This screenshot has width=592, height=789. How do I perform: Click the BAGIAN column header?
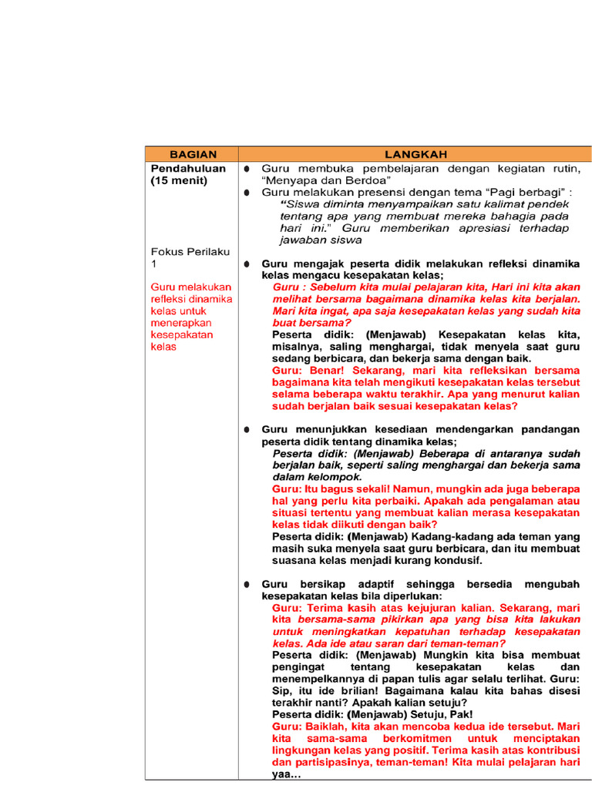(193, 154)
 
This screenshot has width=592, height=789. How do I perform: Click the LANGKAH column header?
(415, 154)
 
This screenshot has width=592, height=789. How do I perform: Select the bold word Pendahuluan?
(188, 168)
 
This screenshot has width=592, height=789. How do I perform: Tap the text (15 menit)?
(179, 181)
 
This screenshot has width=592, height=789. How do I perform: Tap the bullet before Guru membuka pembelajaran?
(246, 168)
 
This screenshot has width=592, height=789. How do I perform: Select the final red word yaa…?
(287, 774)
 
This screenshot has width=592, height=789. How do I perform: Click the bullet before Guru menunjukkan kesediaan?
(246, 429)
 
